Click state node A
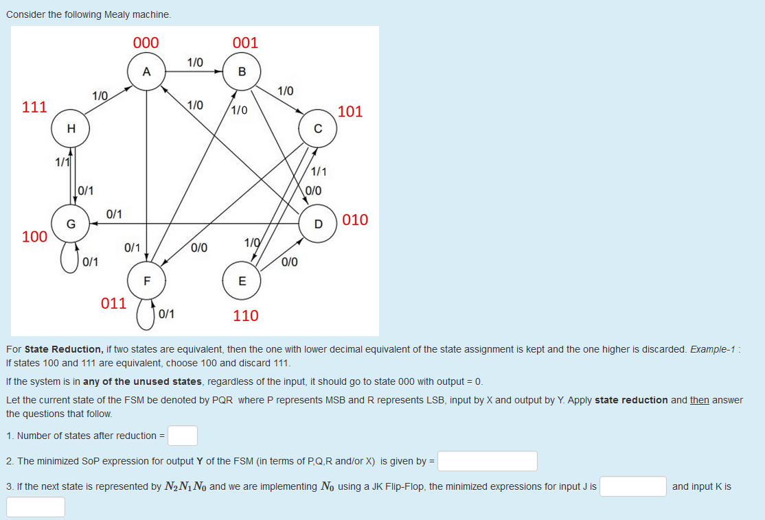pyautogui.click(x=146, y=72)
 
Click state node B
pyautogui.click(x=241, y=72)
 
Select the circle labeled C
pyautogui.click(x=318, y=129)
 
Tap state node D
pyautogui.click(x=318, y=224)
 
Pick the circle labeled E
pyautogui.click(x=241, y=281)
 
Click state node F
pyautogui.click(x=146, y=281)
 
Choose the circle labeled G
pyautogui.click(x=71, y=224)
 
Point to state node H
pyautogui.click(x=71, y=129)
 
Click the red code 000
pyautogui.click(x=146, y=43)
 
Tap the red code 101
pyautogui.click(x=350, y=112)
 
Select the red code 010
pyautogui.click(x=355, y=220)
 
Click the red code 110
pyautogui.click(x=245, y=316)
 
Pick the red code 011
pyautogui.click(x=113, y=303)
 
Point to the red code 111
pyautogui.click(x=34, y=107)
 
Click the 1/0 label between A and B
pyautogui.click(x=195, y=62)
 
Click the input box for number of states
pyautogui.click(x=183, y=436)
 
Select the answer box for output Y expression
pyautogui.click(x=488, y=461)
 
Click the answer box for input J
pyautogui.click(x=632, y=486)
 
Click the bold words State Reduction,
pyautogui.click(x=64, y=349)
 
